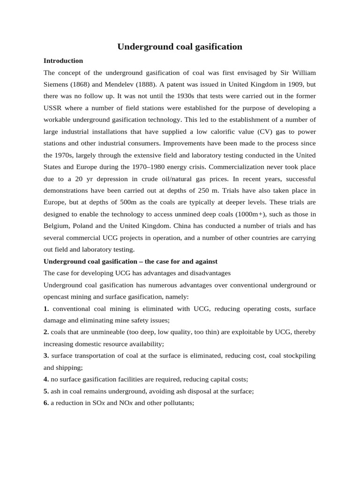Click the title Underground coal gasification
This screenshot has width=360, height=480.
tap(180, 47)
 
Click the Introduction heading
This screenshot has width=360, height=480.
tap(63, 61)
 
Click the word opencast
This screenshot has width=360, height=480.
tap(59, 297)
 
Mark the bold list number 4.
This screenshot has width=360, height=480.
tap(46, 379)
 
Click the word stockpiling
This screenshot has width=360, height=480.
tap(299, 356)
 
